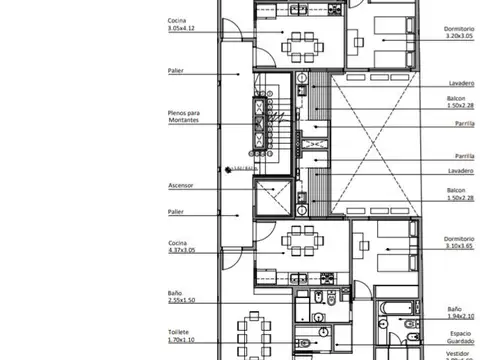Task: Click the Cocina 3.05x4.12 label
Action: tap(184, 26)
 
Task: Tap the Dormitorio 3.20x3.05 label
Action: tap(461, 32)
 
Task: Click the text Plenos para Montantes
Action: tap(184, 117)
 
